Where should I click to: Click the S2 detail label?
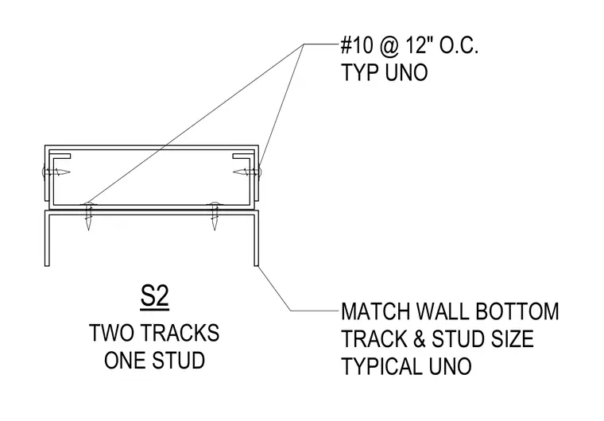tap(154, 296)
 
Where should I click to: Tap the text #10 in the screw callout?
tap(357, 45)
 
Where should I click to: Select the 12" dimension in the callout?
tap(415, 45)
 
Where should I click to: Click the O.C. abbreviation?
tap(459, 45)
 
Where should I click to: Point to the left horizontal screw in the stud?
tap(56, 172)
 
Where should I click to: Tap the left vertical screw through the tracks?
tap(88, 216)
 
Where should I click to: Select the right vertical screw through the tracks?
tap(215, 216)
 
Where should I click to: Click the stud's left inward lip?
tap(60, 156)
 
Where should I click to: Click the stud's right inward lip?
tap(243, 156)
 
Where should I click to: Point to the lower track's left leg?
tap(47, 238)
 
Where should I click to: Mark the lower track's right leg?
tap(256, 238)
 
